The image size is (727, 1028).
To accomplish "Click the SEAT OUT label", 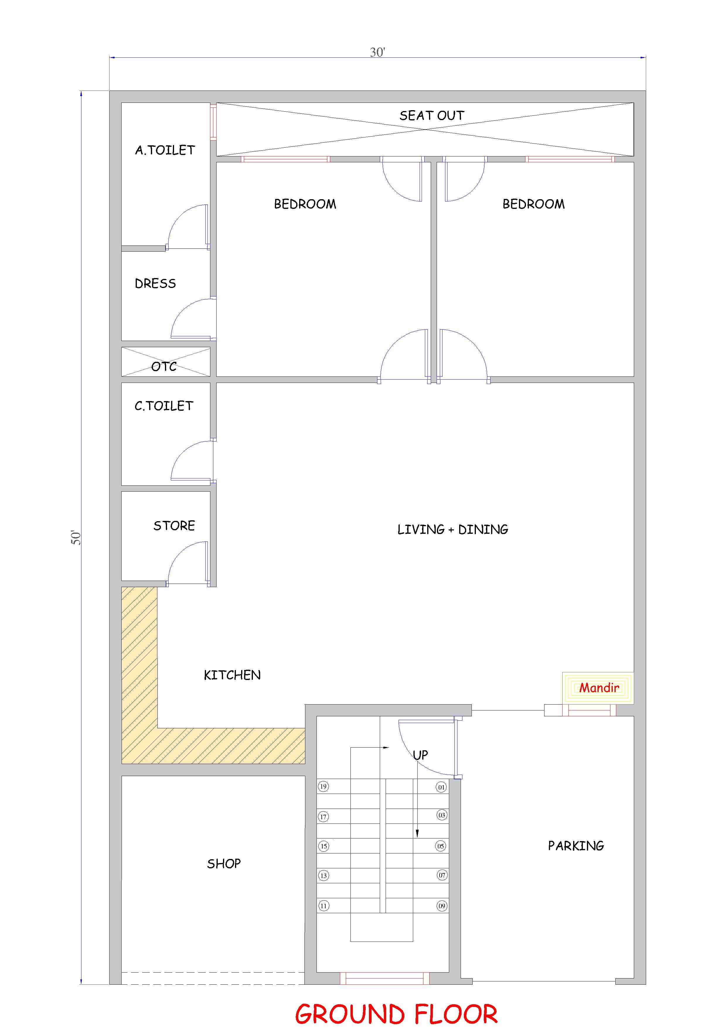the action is coord(432,115).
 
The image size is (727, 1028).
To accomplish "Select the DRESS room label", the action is coord(155,283).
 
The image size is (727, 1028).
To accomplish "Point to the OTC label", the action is coord(164,367).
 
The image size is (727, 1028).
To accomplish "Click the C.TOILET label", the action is coord(164,406).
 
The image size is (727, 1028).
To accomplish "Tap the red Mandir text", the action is coord(599,687).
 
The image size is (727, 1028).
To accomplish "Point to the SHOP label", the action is coord(224,863).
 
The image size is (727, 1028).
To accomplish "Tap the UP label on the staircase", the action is coord(420,755).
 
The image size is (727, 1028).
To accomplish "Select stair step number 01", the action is coord(442,787).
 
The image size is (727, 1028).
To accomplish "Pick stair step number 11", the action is coord(324,906).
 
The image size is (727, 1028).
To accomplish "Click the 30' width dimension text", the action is coord(377,52).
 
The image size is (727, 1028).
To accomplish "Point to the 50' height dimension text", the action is coord(76,538).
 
